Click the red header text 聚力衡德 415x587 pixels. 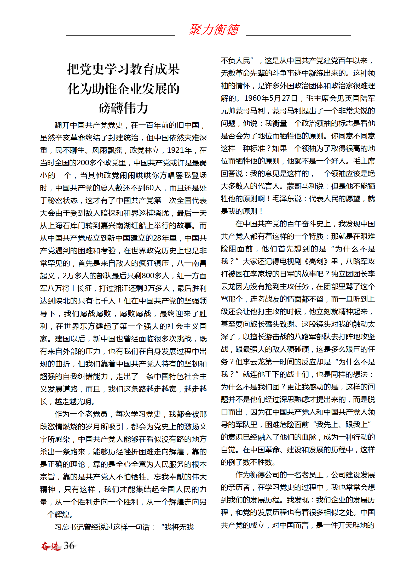tap(214, 29)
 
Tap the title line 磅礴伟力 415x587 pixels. tap(123, 108)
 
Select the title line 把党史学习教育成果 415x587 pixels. tap(123, 69)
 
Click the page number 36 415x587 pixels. tap(69, 545)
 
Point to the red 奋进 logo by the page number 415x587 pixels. tap(51, 546)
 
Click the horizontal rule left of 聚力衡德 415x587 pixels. tap(120, 35)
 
